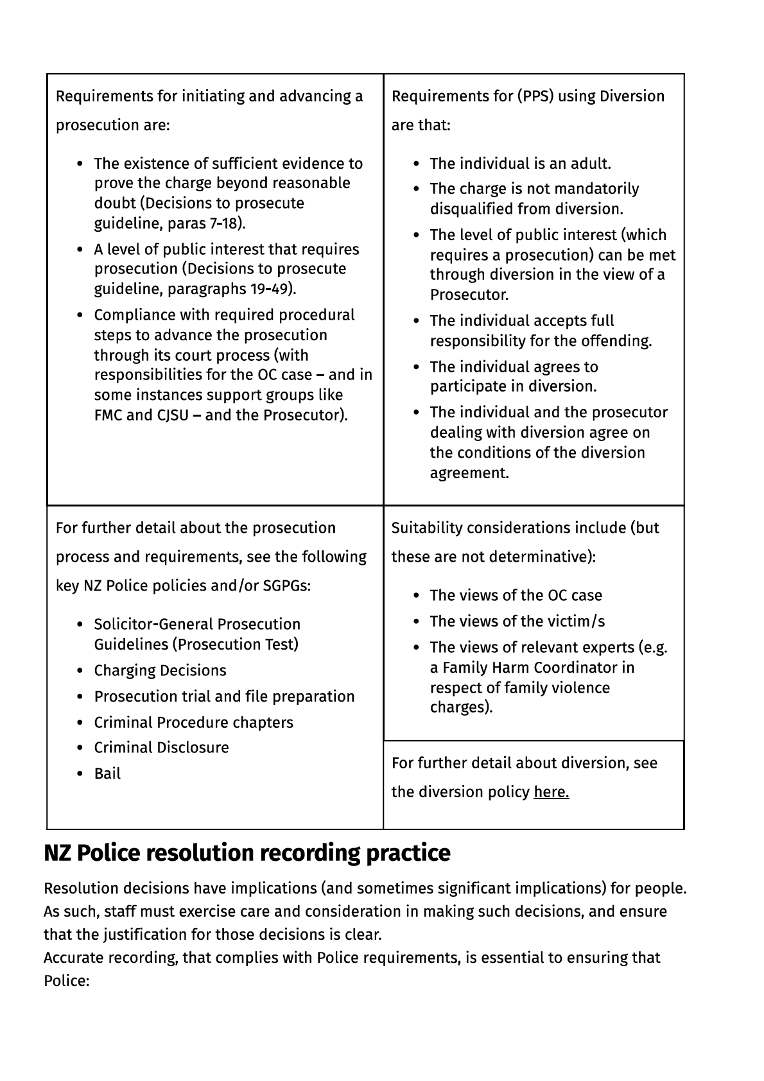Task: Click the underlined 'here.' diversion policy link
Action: pos(551,792)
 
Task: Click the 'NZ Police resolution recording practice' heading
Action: pos(247,853)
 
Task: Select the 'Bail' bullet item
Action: pos(107,774)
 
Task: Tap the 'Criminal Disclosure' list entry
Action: pos(161,748)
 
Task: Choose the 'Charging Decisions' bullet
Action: pos(160,671)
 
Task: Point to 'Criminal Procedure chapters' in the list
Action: pos(193,723)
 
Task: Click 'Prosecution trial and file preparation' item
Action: pos(224,696)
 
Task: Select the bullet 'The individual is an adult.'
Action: pos(520,164)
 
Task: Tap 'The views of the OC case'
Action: pos(516,596)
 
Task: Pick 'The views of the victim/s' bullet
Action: pos(517,621)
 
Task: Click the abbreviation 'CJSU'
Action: pos(173,415)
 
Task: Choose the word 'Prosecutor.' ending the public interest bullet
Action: pos(469,295)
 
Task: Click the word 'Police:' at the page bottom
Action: pos(66,982)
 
